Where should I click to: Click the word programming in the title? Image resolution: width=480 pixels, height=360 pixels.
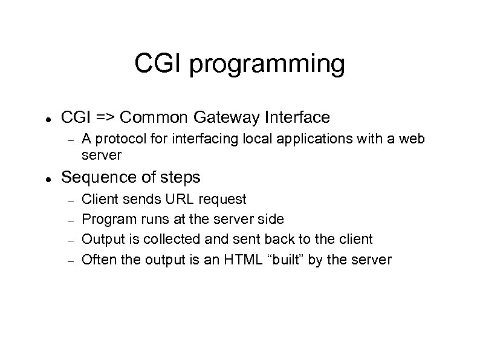267,64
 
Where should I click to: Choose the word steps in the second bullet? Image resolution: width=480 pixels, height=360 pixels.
178,178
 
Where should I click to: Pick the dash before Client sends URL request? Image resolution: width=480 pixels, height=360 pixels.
70,200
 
